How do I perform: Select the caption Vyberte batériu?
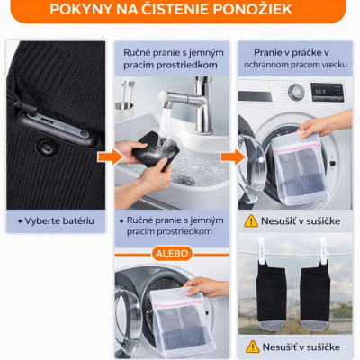coord(58,220)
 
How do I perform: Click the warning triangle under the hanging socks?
coord(248,346)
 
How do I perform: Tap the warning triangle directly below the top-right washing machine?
coord(248,220)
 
